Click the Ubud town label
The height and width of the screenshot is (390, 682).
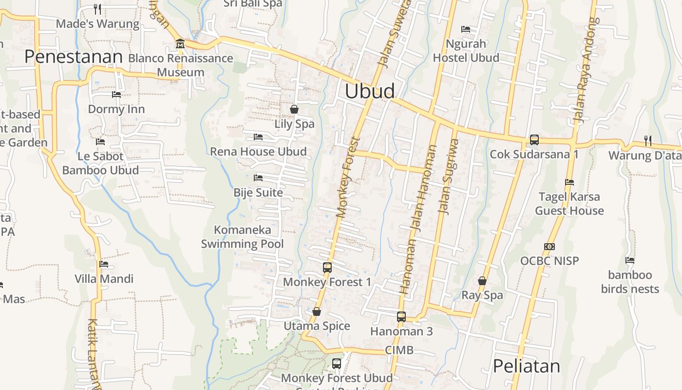370,91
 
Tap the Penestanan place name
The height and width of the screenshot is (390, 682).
73,57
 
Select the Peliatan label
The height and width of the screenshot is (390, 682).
527,366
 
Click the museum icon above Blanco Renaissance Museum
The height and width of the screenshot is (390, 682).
180,44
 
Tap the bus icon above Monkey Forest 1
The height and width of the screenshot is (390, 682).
327,267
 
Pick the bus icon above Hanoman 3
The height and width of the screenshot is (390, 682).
401,317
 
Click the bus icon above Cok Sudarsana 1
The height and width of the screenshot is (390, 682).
534,140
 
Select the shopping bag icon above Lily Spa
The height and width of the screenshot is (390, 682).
294,109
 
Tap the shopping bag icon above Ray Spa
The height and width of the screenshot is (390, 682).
482,281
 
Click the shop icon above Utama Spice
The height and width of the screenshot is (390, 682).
317,312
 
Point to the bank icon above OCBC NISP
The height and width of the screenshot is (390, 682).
549,247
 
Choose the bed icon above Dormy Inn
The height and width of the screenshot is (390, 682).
116,94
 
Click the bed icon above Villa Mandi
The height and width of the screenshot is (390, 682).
104,264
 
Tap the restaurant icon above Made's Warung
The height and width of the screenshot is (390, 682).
97,9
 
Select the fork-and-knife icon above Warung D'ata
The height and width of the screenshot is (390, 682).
647,140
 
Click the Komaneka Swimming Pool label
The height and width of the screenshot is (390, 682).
243,236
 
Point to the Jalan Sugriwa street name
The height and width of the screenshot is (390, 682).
448,176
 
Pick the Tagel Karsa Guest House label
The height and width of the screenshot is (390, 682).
569,204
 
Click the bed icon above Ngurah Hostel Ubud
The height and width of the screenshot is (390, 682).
466,29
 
